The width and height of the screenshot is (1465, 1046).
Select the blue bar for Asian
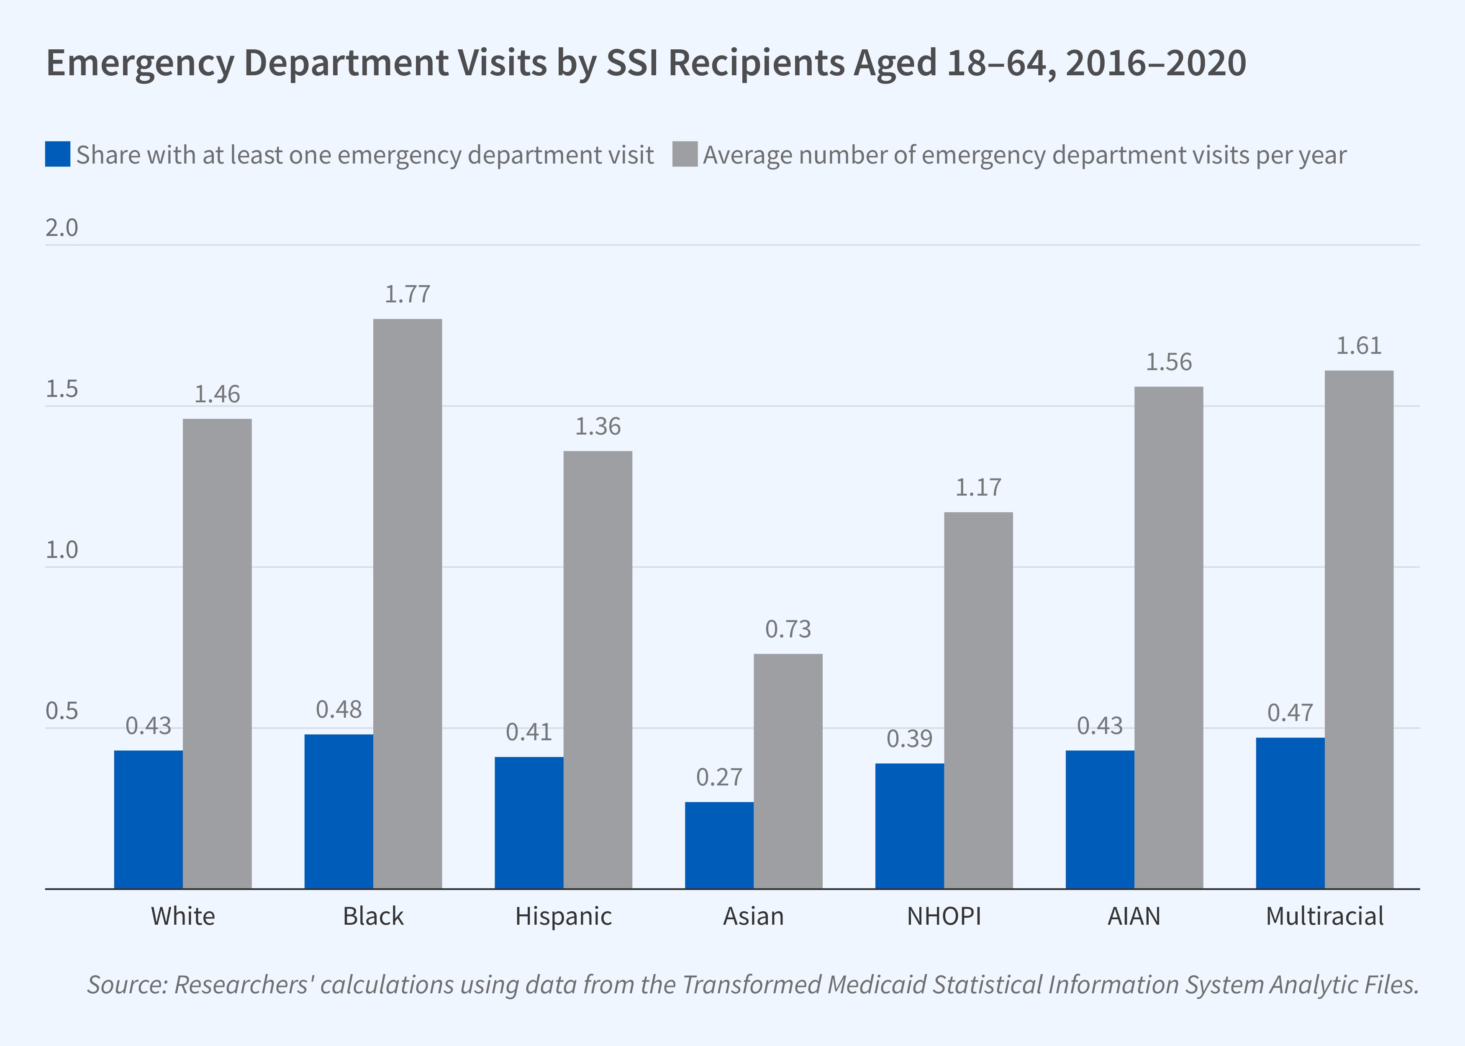(719, 845)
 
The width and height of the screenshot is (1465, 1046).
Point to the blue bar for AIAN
(1099, 819)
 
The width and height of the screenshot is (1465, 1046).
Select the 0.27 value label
(719, 777)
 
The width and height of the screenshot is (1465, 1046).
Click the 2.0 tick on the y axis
(62, 228)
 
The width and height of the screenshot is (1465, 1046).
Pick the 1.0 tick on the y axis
(62, 550)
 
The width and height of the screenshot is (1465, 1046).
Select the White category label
(183, 916)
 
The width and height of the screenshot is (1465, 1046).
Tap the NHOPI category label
(944, 916)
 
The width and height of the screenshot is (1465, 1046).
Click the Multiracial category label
(1324, 916)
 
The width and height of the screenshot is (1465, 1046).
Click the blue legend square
(57, 155)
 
